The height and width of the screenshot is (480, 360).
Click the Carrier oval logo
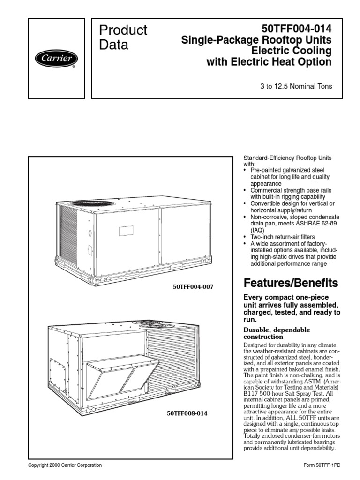pyautogui.click(x=56, y=59)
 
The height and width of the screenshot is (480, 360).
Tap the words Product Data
pyautogui.click(x=123, y=37)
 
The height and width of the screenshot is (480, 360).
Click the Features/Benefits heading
pyautogui.click(x=291, y=283)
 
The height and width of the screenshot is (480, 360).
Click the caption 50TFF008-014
pyautogui.click(x=187, y=414)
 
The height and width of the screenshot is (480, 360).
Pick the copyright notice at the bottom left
pyautogui.click(x=65, y=465)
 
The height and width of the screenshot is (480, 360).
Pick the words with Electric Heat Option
pyautogui.click(x=269, y=62)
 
